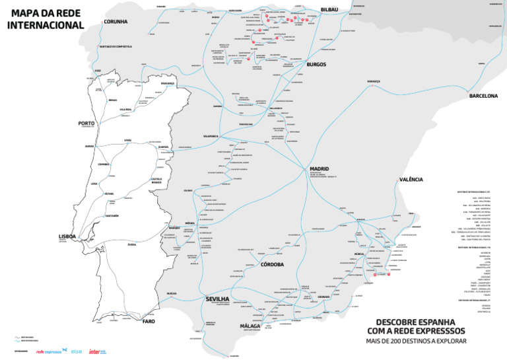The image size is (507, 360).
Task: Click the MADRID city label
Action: pos(320,169)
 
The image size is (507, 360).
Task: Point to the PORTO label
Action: pos(86,123)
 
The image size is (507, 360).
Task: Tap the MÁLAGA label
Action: pos(250,326)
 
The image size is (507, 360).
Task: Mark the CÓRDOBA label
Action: pos(272,264)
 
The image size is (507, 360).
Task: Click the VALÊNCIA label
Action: pos(411,179)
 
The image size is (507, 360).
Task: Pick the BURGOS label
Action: pos(316,64)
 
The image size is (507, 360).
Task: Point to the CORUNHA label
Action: pos(116,21)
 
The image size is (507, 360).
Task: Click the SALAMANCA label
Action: pos(215,135)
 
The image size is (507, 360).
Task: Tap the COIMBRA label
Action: pos(104,164)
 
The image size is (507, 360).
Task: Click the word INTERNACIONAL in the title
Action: pos(46,25)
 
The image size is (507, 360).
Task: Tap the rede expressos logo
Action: pos(48,351)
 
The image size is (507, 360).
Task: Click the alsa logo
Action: pos(76,351)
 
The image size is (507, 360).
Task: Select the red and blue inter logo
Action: pos(98,351)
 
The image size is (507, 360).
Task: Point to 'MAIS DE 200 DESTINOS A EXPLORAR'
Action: pos(416,342)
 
